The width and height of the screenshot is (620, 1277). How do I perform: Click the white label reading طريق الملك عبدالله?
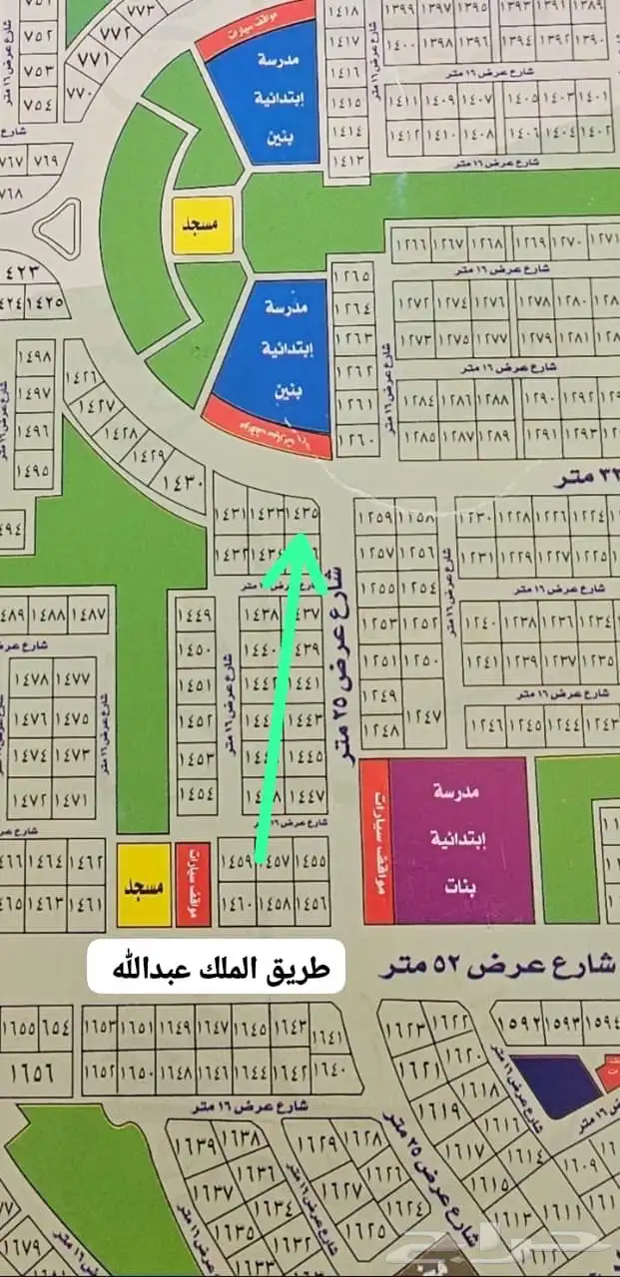216,966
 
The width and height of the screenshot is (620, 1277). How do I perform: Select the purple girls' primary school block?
459,840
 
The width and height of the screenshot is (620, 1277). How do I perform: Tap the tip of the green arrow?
302,537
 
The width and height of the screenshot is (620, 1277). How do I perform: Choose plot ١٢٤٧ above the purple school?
422,715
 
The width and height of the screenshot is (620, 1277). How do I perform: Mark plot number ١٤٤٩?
196,615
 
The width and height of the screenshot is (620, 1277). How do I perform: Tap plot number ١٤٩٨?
35,358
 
